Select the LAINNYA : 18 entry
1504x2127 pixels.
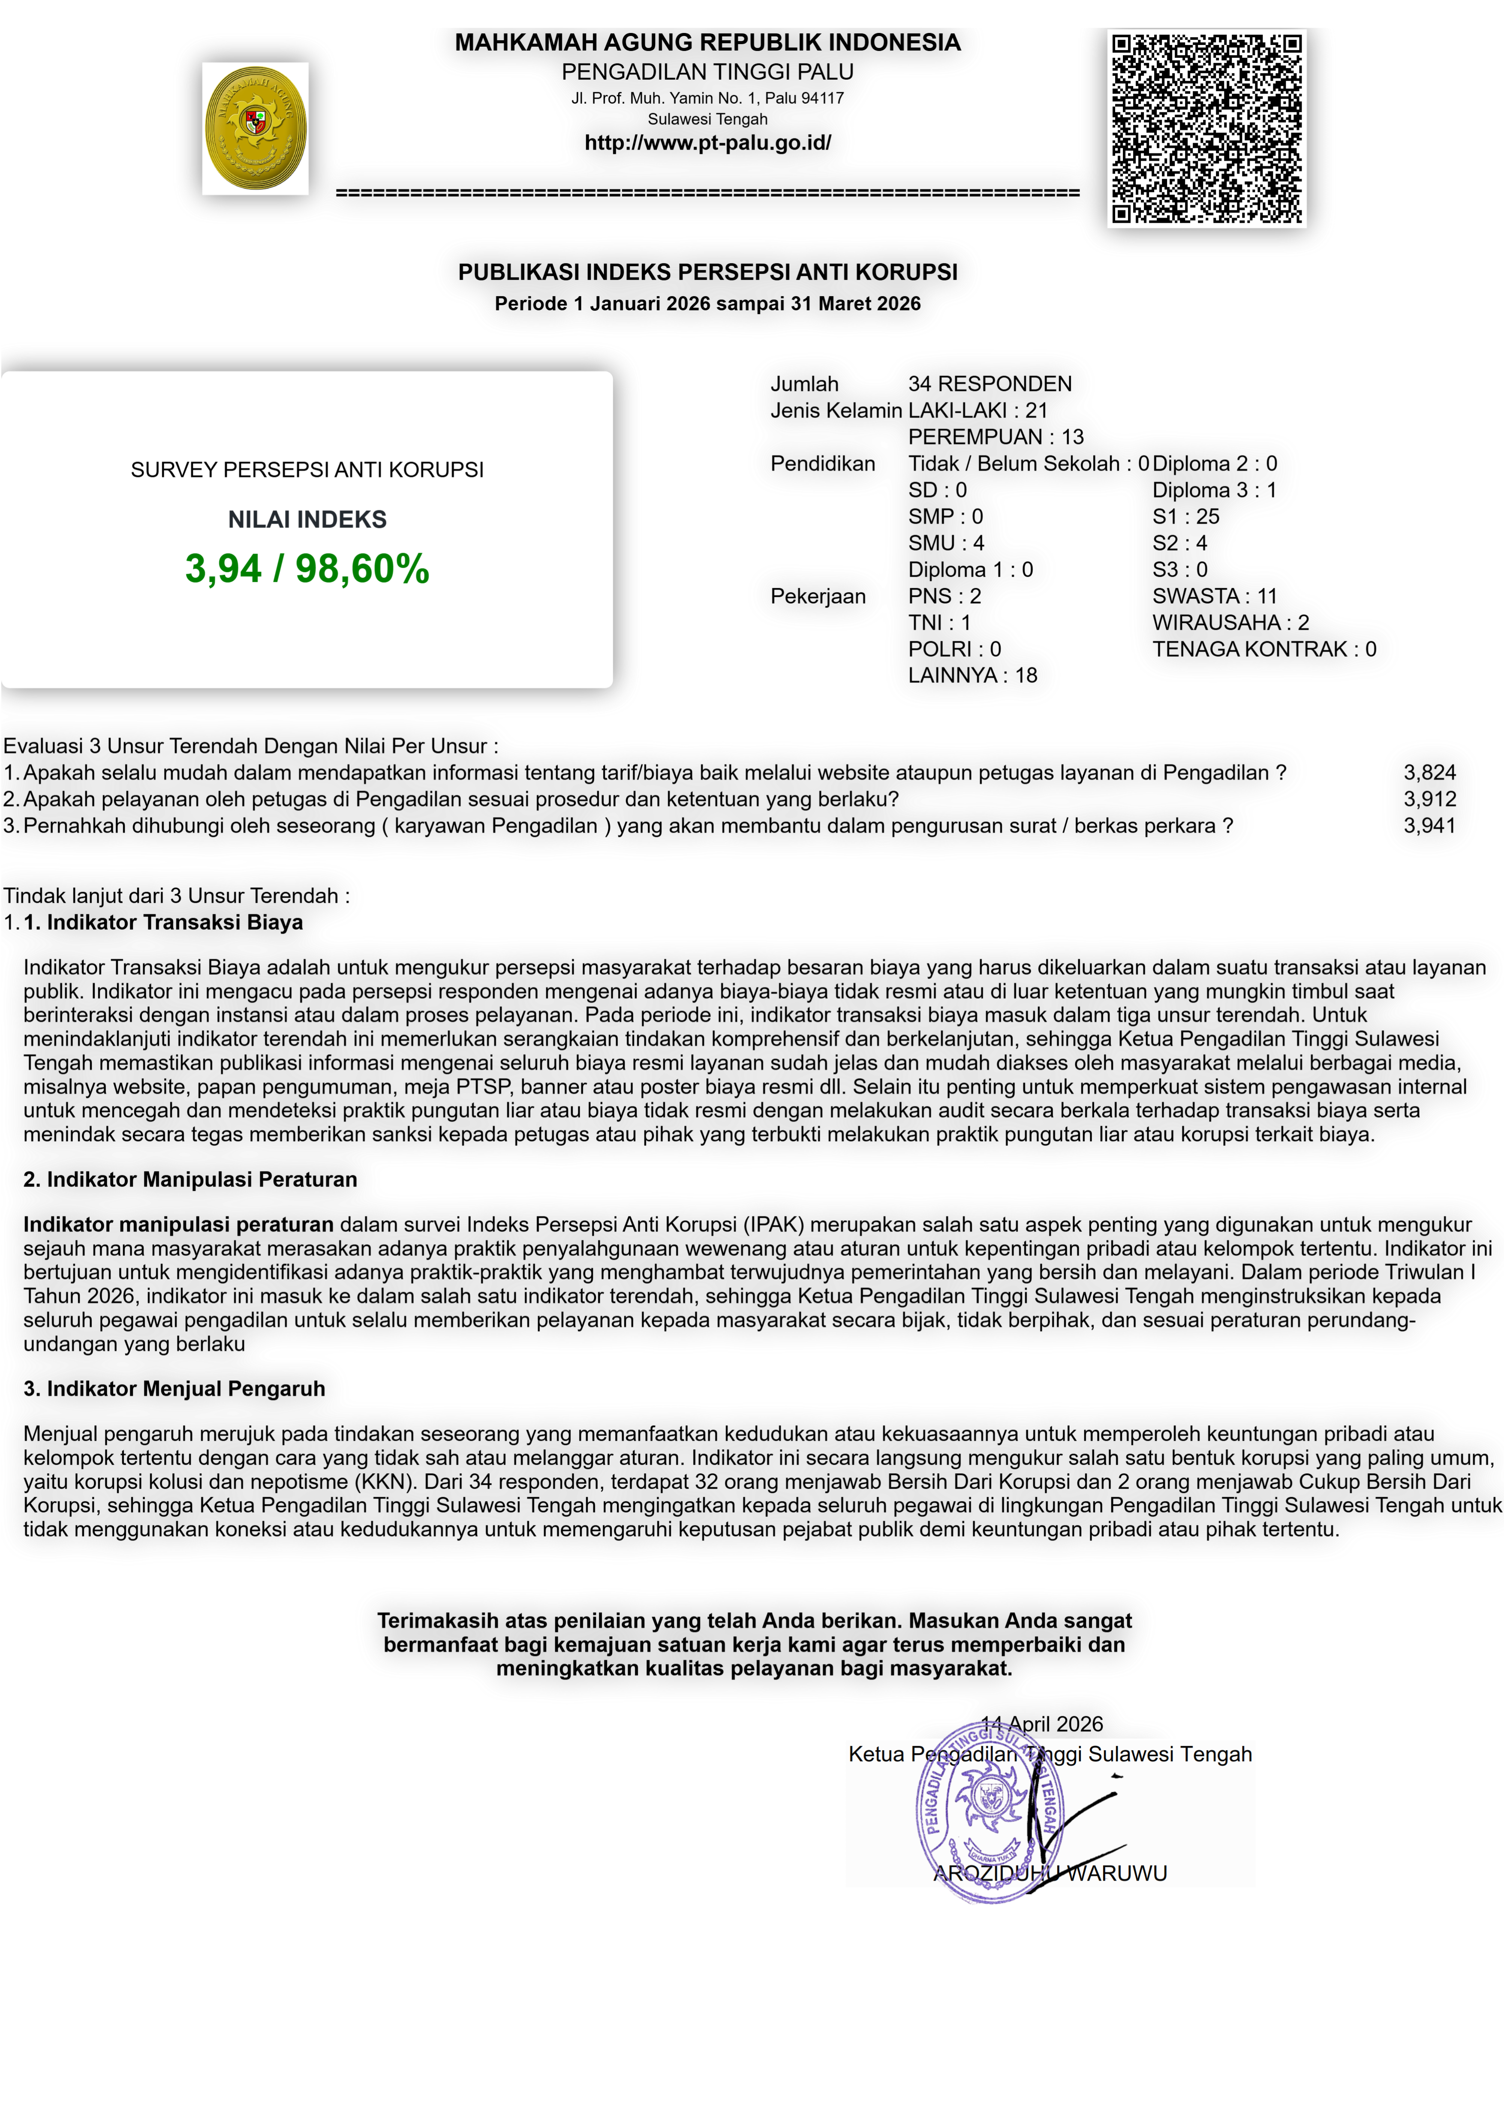coord(972,675)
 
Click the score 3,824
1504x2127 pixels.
coord(1429,772)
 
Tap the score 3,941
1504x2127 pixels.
coord(1429,826)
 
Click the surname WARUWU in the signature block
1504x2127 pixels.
coord(1117,1873)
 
